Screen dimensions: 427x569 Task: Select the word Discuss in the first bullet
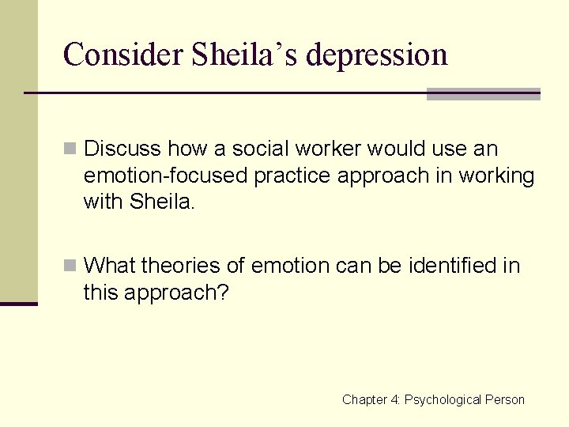coord(122,149)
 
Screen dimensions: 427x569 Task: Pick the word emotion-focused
coord(166,176)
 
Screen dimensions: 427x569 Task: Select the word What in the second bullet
coord(109,265)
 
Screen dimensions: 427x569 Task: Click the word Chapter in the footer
coord(365,400)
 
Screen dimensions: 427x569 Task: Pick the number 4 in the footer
coord(395,400)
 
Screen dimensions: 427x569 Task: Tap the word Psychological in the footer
coord(443,400)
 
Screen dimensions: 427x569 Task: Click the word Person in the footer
coord(506,400)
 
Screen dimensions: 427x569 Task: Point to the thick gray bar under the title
coord(483,94)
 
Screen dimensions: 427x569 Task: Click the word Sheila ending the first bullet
coord(164,202)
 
